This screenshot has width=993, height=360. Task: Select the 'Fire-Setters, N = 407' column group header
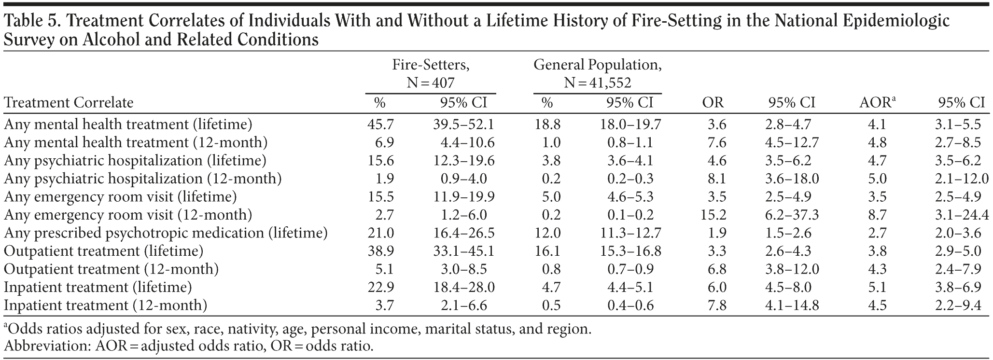pos(431,73)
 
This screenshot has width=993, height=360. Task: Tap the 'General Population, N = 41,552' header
pos(597,73)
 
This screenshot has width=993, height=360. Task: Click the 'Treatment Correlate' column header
pos(69,103)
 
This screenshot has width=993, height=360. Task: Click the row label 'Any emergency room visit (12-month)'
pos(128,215)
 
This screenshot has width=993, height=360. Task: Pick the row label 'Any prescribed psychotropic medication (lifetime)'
pos(166,233)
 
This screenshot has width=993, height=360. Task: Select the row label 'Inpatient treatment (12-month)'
pos(105,305)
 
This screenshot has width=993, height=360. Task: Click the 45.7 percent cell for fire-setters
pos(380,125)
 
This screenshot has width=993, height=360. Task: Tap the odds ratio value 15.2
pos(713,215)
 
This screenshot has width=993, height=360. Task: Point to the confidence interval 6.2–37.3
pos(792,215)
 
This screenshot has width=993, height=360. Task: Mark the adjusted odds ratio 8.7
pos(877,215)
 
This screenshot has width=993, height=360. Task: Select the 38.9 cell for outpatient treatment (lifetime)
pos(380,251)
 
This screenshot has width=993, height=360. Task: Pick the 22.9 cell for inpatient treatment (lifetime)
pos(380,287)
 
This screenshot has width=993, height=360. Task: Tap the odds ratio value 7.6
pos(716,142)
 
